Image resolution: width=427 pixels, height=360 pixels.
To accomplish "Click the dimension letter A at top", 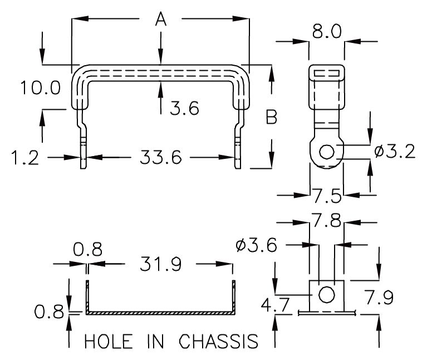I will [160, 20].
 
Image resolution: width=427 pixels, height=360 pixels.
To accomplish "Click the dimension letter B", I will [271, 118].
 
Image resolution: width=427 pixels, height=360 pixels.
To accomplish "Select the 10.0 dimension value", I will [39, 88].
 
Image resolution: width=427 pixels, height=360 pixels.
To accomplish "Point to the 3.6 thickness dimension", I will [184, 108].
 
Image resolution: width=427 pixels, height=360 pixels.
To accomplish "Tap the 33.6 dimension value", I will [161, 158].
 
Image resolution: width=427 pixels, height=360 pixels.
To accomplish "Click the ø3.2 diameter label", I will [395, 151].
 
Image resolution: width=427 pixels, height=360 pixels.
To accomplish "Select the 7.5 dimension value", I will [327, 196].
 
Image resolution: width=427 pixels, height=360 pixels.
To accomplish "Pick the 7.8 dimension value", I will [327, 221].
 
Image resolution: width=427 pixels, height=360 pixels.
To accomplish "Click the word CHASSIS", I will [219, 341].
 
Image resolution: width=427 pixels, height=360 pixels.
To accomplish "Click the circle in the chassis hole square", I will [327, 294].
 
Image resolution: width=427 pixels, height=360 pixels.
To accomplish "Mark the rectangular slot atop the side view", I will [327, 72].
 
